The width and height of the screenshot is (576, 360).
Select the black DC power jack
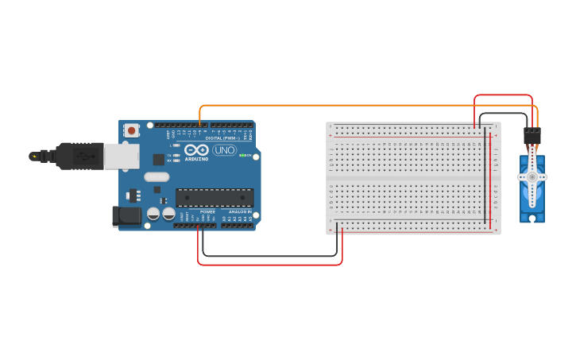tap(125, 215)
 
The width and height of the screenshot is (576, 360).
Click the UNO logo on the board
tap(225, 150)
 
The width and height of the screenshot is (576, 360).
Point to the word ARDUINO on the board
tap(196, 158)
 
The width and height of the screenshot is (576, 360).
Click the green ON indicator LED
tap(241, 155)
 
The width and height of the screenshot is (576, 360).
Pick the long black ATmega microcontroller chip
tap(215, 197)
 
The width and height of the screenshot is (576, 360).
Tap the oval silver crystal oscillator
tap(157, 177)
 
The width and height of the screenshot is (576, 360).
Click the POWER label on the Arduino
tap(207, 212)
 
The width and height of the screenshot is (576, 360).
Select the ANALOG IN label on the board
tap(240, 212)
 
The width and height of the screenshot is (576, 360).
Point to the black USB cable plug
tap(79, 157)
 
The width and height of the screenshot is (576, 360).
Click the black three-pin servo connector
tap(532, 135)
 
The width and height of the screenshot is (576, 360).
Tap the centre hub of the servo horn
tap(532, 177)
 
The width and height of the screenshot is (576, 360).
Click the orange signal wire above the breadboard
tap(358, 106)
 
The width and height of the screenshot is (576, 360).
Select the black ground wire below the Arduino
tap(270, 255)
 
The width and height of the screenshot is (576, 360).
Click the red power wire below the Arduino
tap(270, 264)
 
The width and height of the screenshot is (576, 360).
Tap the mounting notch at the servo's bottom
tap(532, 216)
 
